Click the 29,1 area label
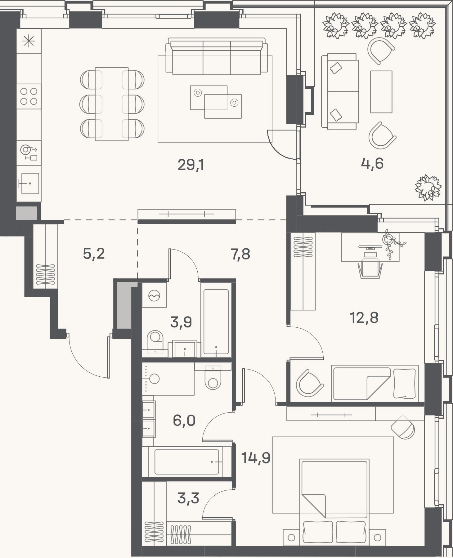(x=191, y=165)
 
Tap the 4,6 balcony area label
(x=372, y=163)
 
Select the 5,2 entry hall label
(x=94, y=254)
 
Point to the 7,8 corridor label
(x=240, y=254)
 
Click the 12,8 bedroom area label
(x=364, y=318)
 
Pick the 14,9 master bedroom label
(x=256, y=458)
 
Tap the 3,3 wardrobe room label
(x=188, y=498)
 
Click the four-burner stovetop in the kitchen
(x=29, y=96)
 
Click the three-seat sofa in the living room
(x=217, y=56)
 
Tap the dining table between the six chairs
(x=112, y=104)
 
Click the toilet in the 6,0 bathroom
(x=213, y=377)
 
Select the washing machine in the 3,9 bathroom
(x=154, y=295)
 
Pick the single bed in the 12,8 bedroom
(x=375, y=383)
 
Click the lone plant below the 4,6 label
(x=428, y=188)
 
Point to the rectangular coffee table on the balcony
(x=381, y=92)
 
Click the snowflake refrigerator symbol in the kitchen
(x=29, y=41)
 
